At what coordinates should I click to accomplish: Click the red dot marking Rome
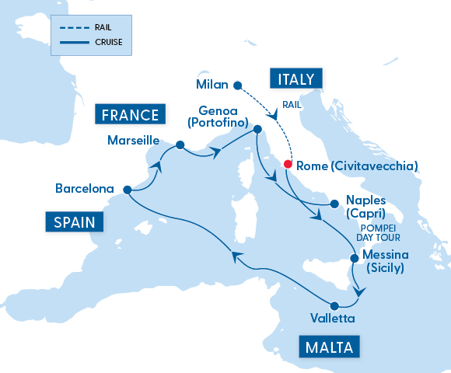(x=288, y=165)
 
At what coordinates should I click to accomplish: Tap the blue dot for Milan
(x=238, y=85)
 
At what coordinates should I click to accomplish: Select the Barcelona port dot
(x=128, y=189)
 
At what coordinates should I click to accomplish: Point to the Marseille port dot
(x=180, y=145)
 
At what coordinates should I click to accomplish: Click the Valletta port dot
(x=334, y=305)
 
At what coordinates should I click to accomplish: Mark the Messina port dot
(x=355, y=257)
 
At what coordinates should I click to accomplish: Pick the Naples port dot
(x=334, y=204)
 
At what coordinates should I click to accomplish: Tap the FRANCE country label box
(x=131, y=116)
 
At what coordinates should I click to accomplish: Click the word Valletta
(x=333, y=319)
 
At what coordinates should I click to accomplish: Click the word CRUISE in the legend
(x=108, y=42)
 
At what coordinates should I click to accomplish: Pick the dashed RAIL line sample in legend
(x=71, y=27)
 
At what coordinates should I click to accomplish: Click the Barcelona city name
(x=86, y=189)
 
